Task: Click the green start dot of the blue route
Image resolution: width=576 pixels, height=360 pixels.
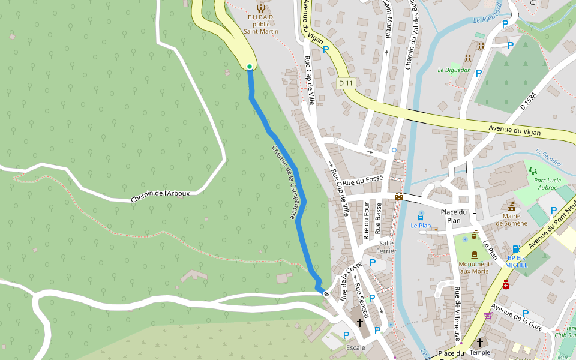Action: click(x=250, y=67)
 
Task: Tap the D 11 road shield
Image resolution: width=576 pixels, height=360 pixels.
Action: click(x=344, y=83)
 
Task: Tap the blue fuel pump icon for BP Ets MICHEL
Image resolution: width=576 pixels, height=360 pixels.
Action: click(x=516, y=249)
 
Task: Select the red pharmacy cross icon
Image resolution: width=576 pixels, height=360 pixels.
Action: click(x=506, y=284)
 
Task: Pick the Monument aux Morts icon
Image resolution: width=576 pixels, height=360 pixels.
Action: click(x=474, y=255)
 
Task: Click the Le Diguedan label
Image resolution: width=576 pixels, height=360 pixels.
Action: click(x=454, y=70)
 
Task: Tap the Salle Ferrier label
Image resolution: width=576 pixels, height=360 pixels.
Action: click(x=386, y=247)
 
